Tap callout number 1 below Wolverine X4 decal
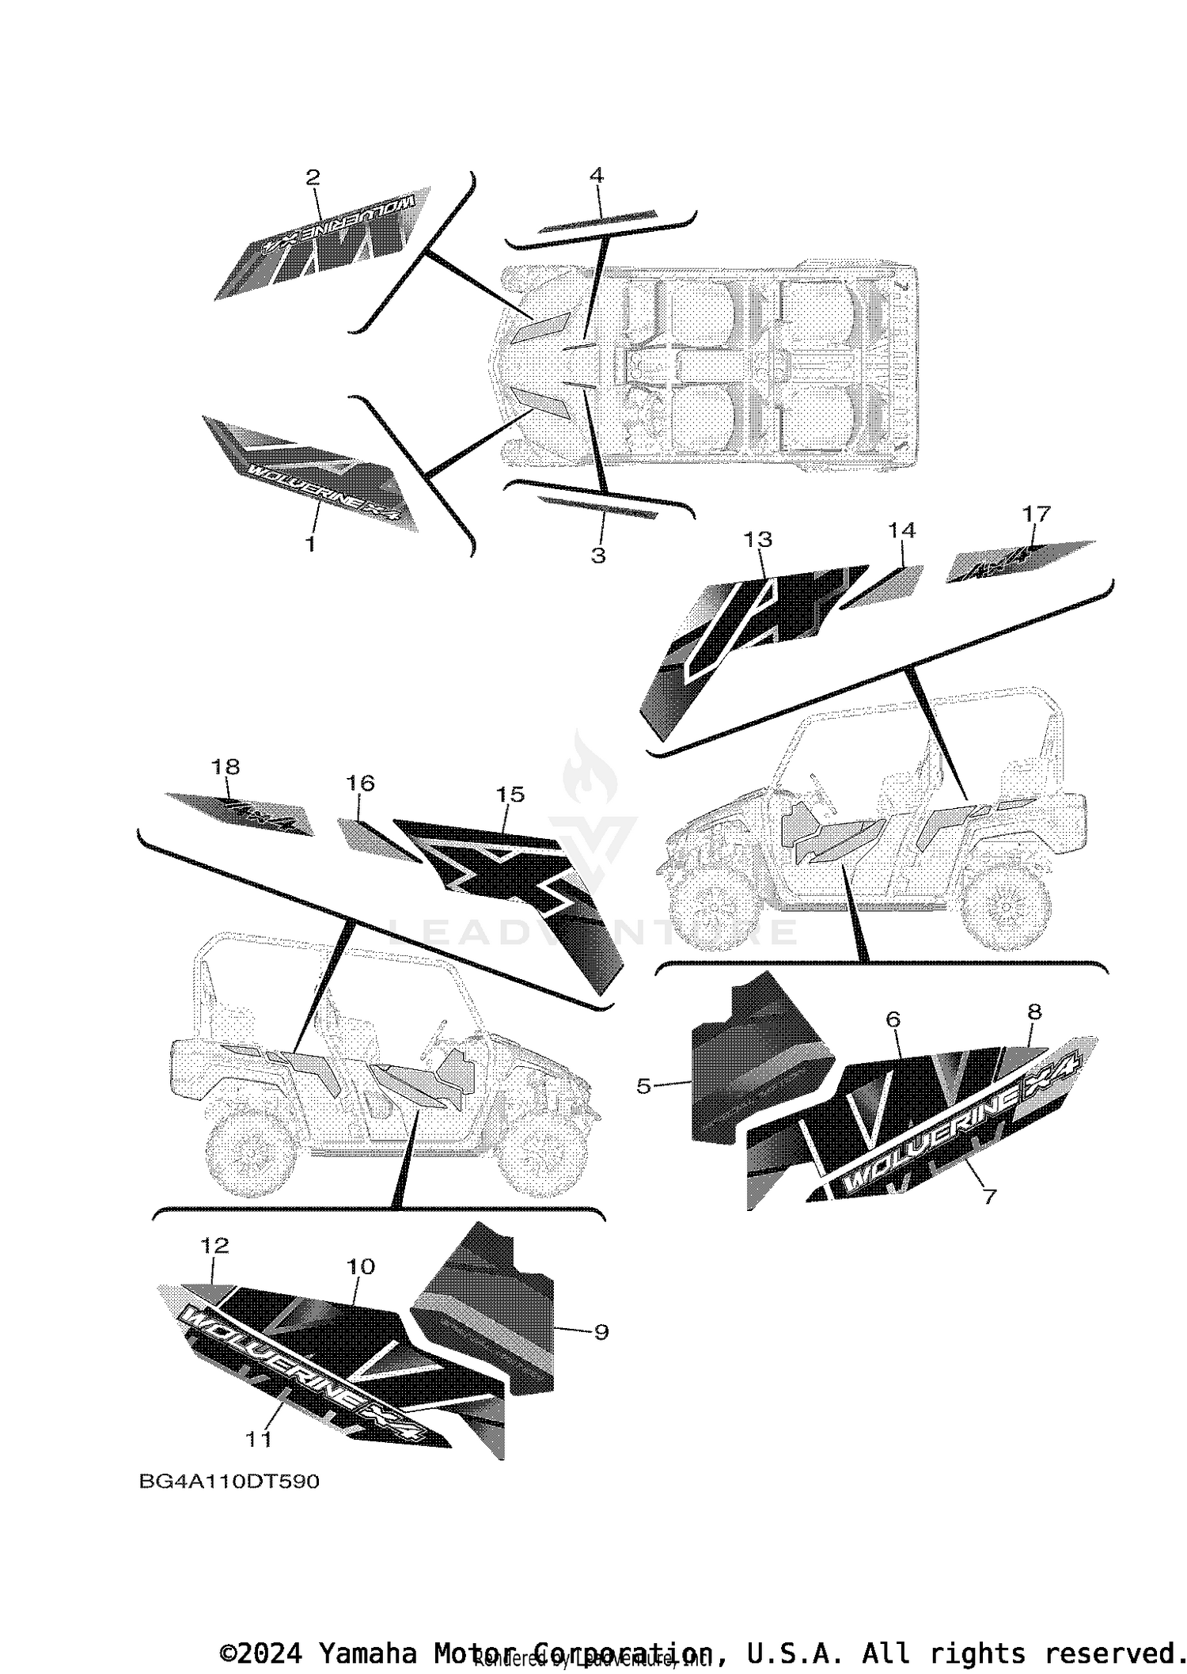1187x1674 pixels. (x=310, y=545)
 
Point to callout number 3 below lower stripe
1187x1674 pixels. (x=598, y=556)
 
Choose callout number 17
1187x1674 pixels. (x=1036, y=514)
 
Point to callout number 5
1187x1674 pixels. (x=643, y=1087)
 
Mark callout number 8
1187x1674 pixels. (x=1033, y=1012)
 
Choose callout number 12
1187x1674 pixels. (x=214, y=1245)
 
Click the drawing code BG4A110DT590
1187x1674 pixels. (x=229, y=1481)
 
